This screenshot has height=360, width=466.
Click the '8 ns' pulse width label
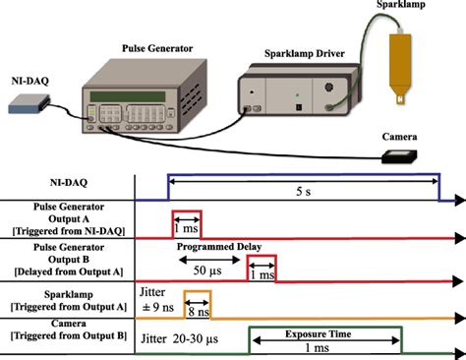(x=197, y=313)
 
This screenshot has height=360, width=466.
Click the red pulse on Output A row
(x=187, y=224)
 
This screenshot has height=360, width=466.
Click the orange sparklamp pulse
(x=198, y=305)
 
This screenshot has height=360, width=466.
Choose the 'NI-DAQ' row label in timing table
(x=67, y=183)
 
